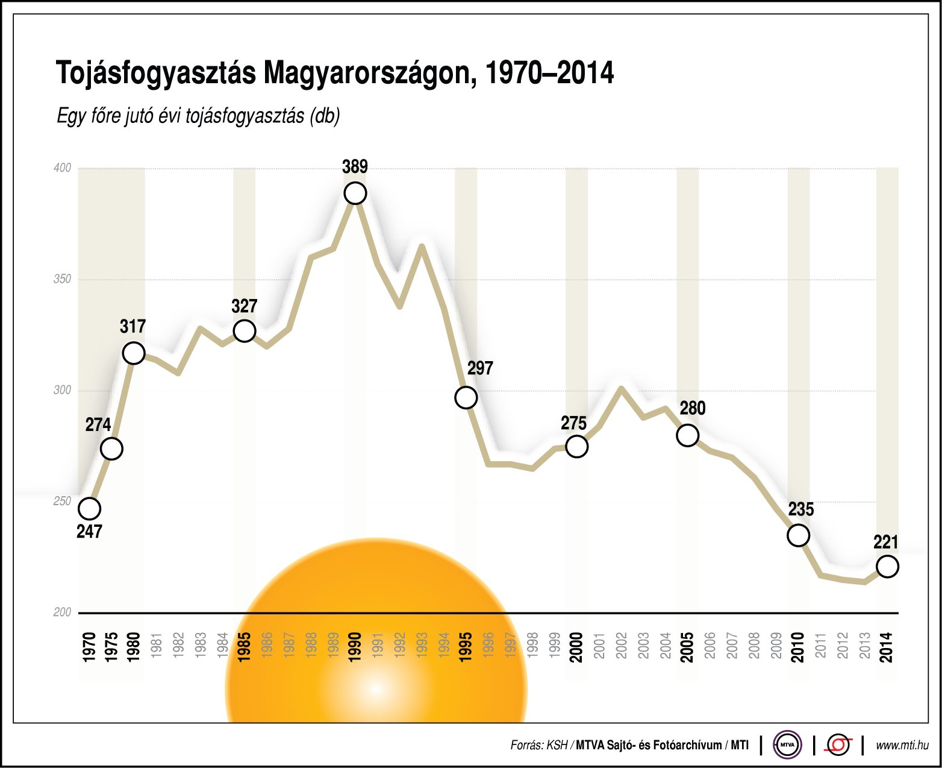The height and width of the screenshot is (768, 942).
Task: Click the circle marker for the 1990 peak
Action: [x=355, y=194]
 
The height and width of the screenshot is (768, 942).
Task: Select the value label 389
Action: [x=355, y=167]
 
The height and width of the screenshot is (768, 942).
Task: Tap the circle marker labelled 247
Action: [x=89, y=509]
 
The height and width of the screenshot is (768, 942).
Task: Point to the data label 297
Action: [x=480, y=368]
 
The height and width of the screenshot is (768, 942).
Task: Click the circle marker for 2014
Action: [x=887, y=567]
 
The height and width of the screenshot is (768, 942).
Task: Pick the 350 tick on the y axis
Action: [x=63, y=279]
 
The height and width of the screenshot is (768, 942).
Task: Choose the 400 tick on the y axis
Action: [x=63, y=168]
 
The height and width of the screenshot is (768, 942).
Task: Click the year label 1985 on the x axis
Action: [x=245, y=647]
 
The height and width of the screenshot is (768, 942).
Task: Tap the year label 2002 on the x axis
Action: [x=621, y=646]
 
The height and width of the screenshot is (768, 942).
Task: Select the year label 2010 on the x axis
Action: [x=798, y=647]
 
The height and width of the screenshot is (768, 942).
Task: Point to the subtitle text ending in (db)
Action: [x=198, y=116]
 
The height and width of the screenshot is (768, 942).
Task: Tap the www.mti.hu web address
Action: [x=902, y=746]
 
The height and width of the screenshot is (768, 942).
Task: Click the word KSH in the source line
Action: [x=557, y=746]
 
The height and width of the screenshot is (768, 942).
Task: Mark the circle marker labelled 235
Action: [x=798, y=535]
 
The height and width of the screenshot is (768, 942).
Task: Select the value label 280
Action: [x=693, y=409]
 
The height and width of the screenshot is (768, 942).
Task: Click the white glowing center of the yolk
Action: [x=376, y=688]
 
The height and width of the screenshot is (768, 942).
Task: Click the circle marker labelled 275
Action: [x=577, y=447]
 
